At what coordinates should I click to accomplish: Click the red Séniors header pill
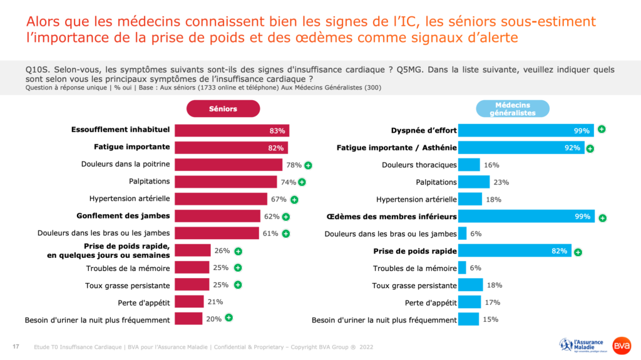pyautogui.click(x=223, y=109)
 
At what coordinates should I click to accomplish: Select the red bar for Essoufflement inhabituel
pyautogui.click(x=232, y=131)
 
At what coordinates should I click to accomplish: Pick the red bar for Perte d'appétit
pyautogui.click(x=189, y=302)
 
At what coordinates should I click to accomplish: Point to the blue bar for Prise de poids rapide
pyautogui.click(x=514, y=251)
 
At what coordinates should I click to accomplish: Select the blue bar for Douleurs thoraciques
pyautogui.click(x=469, y=165)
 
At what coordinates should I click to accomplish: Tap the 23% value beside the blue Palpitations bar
pyautogui.click(x=501, y=182)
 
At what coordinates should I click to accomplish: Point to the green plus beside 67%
pyautogui.click(x=294, y=200)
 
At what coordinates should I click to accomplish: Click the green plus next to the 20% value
pyautogui.click(x=229, y=318)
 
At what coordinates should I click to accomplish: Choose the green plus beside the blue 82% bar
pyautogui.click(x=578, y=252)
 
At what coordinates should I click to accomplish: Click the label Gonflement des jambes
pyautogui.click(x=123, y=216)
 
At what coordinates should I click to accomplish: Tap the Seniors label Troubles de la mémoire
pyautogui.click(x=128, y=268)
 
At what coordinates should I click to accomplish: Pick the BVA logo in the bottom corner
pyautogui.click(x=622, y=346)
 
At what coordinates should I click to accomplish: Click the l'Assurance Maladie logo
pyautogui.click(x=582, y=345)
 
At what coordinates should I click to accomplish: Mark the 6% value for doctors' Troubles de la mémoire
pyautogui.click(x=474, y=268)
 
